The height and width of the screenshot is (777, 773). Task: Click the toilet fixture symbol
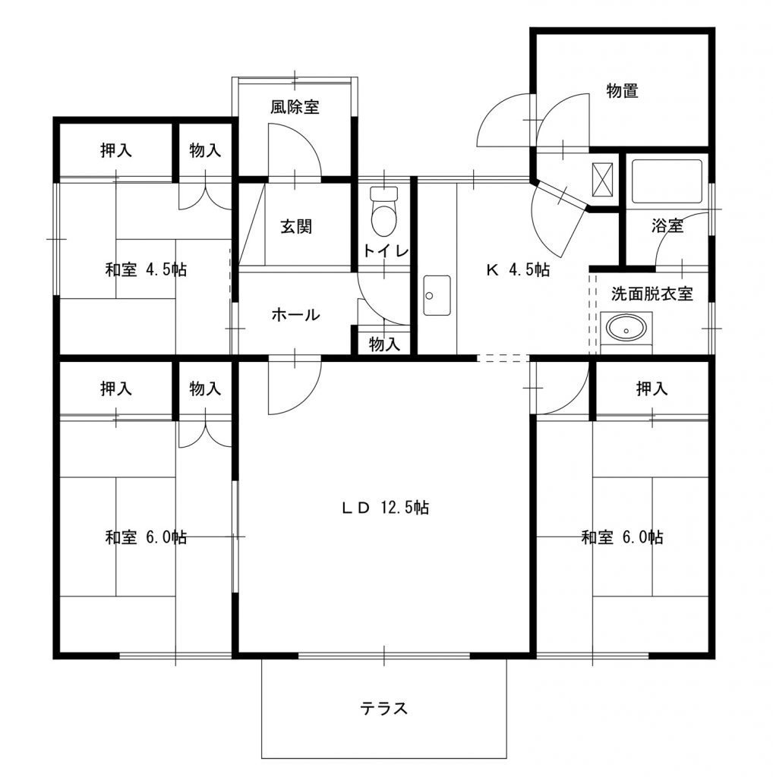pyautogui.click(x=384, y=212)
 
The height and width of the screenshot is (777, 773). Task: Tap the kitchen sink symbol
pyautogui.click(x=437, y=295)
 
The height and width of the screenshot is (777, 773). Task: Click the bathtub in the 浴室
pyautogui.click(x=667, y=181)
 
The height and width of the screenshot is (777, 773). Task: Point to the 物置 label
pyautogui.click(x=622, y=91)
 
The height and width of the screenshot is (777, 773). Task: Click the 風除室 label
pyautogui.click(x=295, y=106)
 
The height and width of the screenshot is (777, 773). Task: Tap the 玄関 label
pyautogui.click(x=296, y=226)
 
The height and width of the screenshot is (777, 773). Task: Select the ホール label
pyautogui.click(x=295, y=315)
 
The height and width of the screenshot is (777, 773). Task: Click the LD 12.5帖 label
pyautogui.click(x=385, y=508)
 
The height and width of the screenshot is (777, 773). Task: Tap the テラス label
pyautogui.click(x=383, y=708)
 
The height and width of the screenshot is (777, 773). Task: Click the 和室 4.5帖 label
pyautogui.click(x=146, y=269)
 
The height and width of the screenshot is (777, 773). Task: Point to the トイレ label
pyautogui.click(x=385, y=250)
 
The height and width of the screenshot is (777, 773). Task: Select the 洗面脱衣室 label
pyautogui.click(x=652, y=294)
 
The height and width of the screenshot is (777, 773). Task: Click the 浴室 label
pyautogui.click(x=667, y=226)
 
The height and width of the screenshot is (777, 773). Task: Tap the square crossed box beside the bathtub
pyautogui.click(x=603, y=179)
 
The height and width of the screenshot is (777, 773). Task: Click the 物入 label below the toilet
pyautogui.click(x=384, y=344)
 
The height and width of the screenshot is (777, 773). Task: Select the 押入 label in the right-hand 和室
pyautogui.click(x=652, y=388)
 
